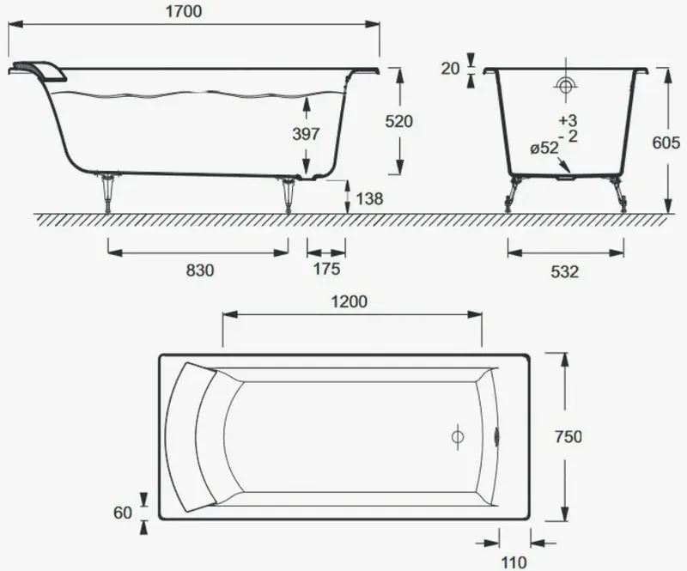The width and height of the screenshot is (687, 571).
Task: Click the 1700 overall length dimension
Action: coord(184,11)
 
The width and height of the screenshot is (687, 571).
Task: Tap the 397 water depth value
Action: coord(306,134)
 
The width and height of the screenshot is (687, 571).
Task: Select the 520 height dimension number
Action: coord(398,121)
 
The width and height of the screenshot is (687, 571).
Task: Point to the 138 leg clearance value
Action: coord(369,199)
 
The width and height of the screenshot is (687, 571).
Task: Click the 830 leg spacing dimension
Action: coord(200,270)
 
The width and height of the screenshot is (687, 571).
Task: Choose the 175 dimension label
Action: coord(326,269)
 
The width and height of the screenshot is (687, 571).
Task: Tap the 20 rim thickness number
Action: coord(450,69)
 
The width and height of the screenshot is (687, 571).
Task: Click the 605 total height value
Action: coord(666,143)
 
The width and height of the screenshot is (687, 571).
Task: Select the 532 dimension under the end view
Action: coord(565,272)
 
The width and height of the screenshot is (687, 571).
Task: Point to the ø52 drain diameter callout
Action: coord(544,149)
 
